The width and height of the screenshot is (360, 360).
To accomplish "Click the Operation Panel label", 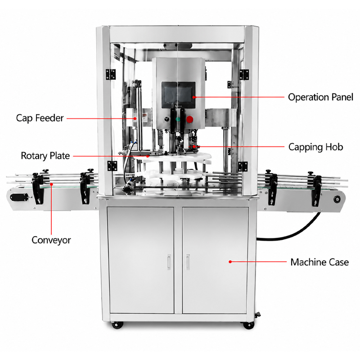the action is tap(320, 97).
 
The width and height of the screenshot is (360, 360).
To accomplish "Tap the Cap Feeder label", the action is tap(40, 118).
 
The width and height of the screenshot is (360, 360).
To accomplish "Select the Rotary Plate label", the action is tap(45, 156).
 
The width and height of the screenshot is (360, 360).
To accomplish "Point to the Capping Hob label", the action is tap(316, 147).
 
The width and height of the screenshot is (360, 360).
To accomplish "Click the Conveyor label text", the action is tap(51, 240).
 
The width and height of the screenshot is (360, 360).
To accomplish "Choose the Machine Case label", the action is tap(319, 262).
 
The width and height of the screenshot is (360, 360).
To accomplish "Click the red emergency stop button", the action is tap(189, 119).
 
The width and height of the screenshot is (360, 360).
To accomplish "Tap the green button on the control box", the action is tap(178, 119).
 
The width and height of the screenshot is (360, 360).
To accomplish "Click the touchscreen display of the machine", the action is tap(178, 95).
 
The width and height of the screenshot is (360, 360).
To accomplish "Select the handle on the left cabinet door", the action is tap(169, 262).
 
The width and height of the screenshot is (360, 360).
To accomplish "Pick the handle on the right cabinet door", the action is tap(188, 262).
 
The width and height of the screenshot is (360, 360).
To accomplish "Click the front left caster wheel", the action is tap(117, 325).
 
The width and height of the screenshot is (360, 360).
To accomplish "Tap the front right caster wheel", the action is tap(248, 325).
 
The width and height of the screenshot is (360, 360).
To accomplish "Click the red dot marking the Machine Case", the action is tap(230, 262).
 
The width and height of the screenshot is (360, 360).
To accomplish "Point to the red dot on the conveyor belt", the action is tap(51, 184).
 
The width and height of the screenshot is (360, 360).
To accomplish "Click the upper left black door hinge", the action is tap(111, 74).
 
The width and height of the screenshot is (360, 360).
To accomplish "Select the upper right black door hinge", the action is tap(244, 75).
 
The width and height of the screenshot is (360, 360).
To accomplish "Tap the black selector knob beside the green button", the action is tap(167, 119).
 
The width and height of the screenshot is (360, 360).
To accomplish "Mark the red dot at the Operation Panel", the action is tap(194, 97).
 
